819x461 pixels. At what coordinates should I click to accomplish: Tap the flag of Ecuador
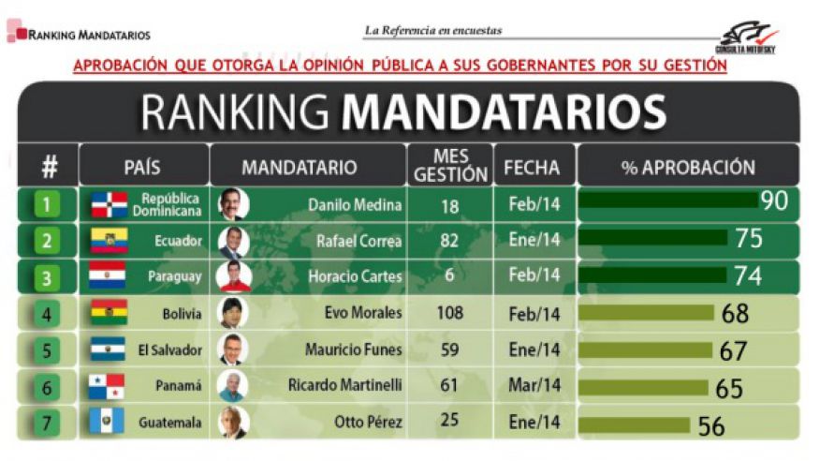tap(108, 241)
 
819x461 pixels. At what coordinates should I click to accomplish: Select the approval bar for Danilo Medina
tap(668, 201)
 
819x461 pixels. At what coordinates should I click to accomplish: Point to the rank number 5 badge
tap(48, 350)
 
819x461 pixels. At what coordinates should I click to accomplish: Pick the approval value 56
tap(710, 425)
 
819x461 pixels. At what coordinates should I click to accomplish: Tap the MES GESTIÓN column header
tap(450, 166)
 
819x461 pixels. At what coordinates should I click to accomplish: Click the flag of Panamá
tap(108, 386)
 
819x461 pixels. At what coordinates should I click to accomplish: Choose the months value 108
tap(450, 313)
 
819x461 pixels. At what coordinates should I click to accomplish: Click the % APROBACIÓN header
tap(688, 168)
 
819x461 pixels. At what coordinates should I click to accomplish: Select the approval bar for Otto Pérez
tap(634, 424)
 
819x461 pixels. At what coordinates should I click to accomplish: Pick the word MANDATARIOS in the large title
tap(503, 112)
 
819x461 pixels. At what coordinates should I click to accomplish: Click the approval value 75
tap(748, 239)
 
